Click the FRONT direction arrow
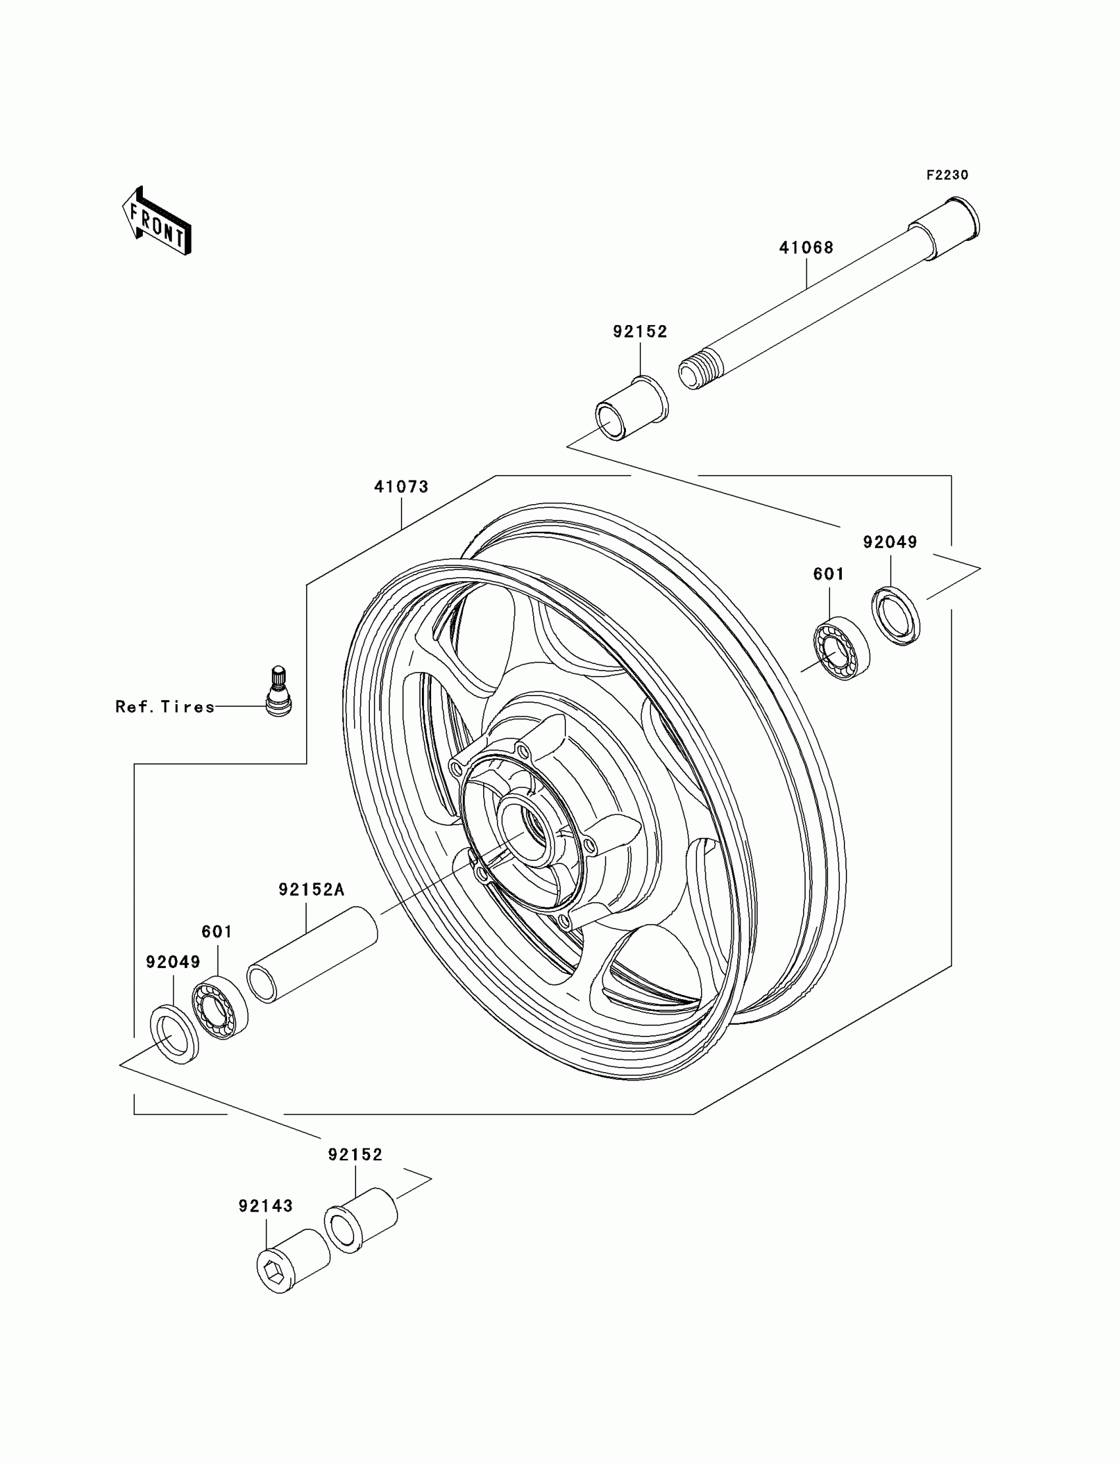coord(157,221)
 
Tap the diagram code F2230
coord(947,175)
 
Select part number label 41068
coord(806,247)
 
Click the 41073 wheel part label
coord(401,487)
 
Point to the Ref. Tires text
coord(165,707)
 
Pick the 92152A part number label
coord(311,890)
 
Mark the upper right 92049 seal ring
coord(896,616)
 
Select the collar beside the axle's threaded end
coord(631,408)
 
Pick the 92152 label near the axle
coord(640,332)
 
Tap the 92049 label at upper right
coord(890,542)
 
